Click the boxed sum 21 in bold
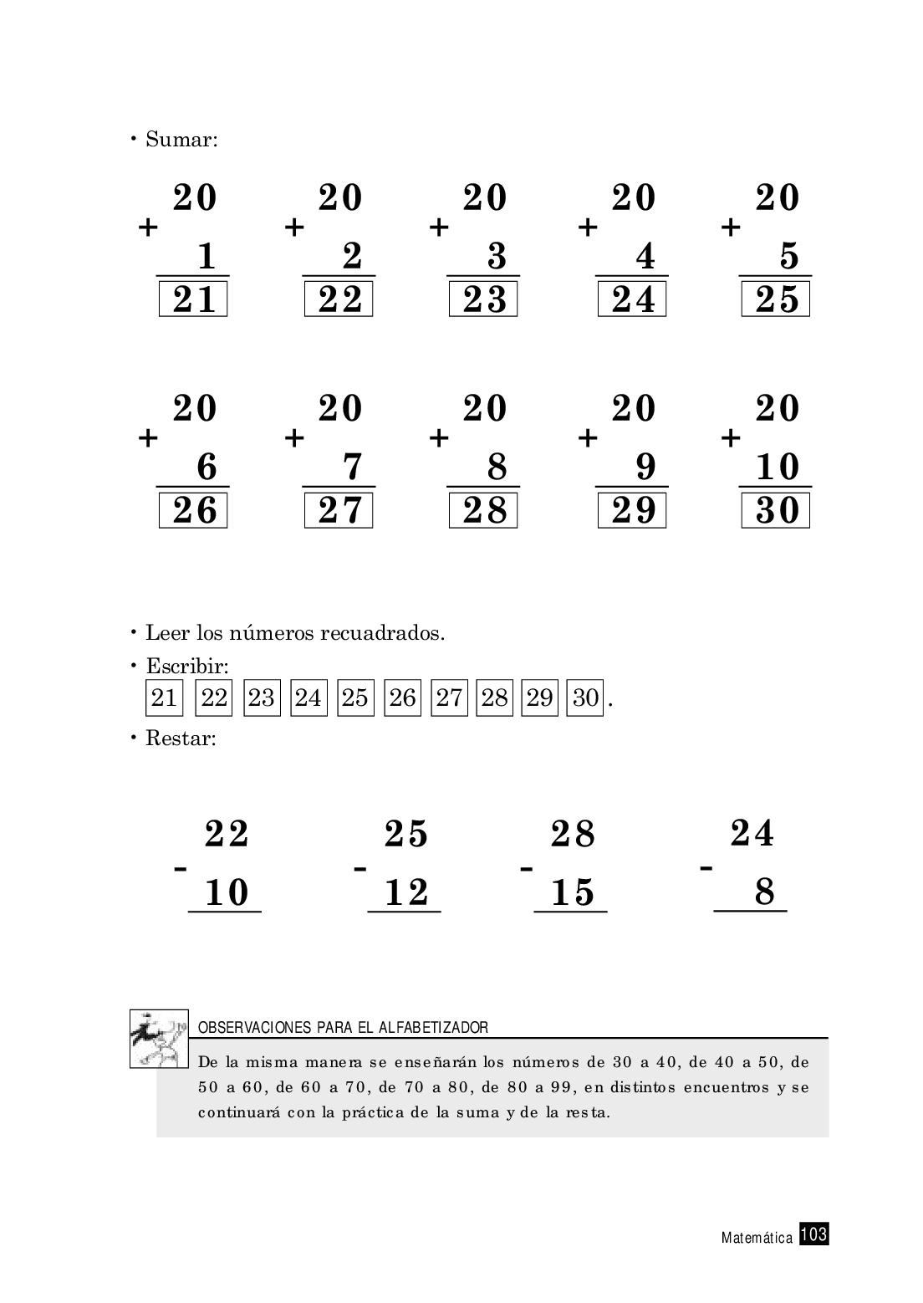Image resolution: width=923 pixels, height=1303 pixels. [194, 299]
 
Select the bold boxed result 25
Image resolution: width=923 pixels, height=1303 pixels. [777, 299]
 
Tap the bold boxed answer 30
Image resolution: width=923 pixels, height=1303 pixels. [777, 510]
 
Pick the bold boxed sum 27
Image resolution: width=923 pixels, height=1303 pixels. [339, 510]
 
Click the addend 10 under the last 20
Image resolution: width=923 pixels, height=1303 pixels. [777, 467]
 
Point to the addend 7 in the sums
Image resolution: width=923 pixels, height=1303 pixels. [352, 467]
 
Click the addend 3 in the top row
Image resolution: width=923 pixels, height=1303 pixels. [497, 256]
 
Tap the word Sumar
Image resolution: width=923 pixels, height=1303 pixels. [181, 139]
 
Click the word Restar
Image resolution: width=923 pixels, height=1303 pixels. [181, 738]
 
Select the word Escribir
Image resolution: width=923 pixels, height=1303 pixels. [187, 667]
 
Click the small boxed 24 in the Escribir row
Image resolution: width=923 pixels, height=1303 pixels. [308, 697]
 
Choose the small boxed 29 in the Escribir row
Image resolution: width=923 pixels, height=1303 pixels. [539, 697]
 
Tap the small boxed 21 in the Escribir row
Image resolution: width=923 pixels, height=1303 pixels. [164, 697]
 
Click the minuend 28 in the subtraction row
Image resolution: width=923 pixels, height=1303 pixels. [573, 835]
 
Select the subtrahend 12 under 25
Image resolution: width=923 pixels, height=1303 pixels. [406, 892]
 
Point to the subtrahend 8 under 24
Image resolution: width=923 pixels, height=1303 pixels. [764, 892]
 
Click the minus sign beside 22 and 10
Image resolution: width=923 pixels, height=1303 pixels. [180, 870]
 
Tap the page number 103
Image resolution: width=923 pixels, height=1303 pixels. [813, 1234]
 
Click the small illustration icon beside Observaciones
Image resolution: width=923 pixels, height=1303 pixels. [159, 1038]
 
